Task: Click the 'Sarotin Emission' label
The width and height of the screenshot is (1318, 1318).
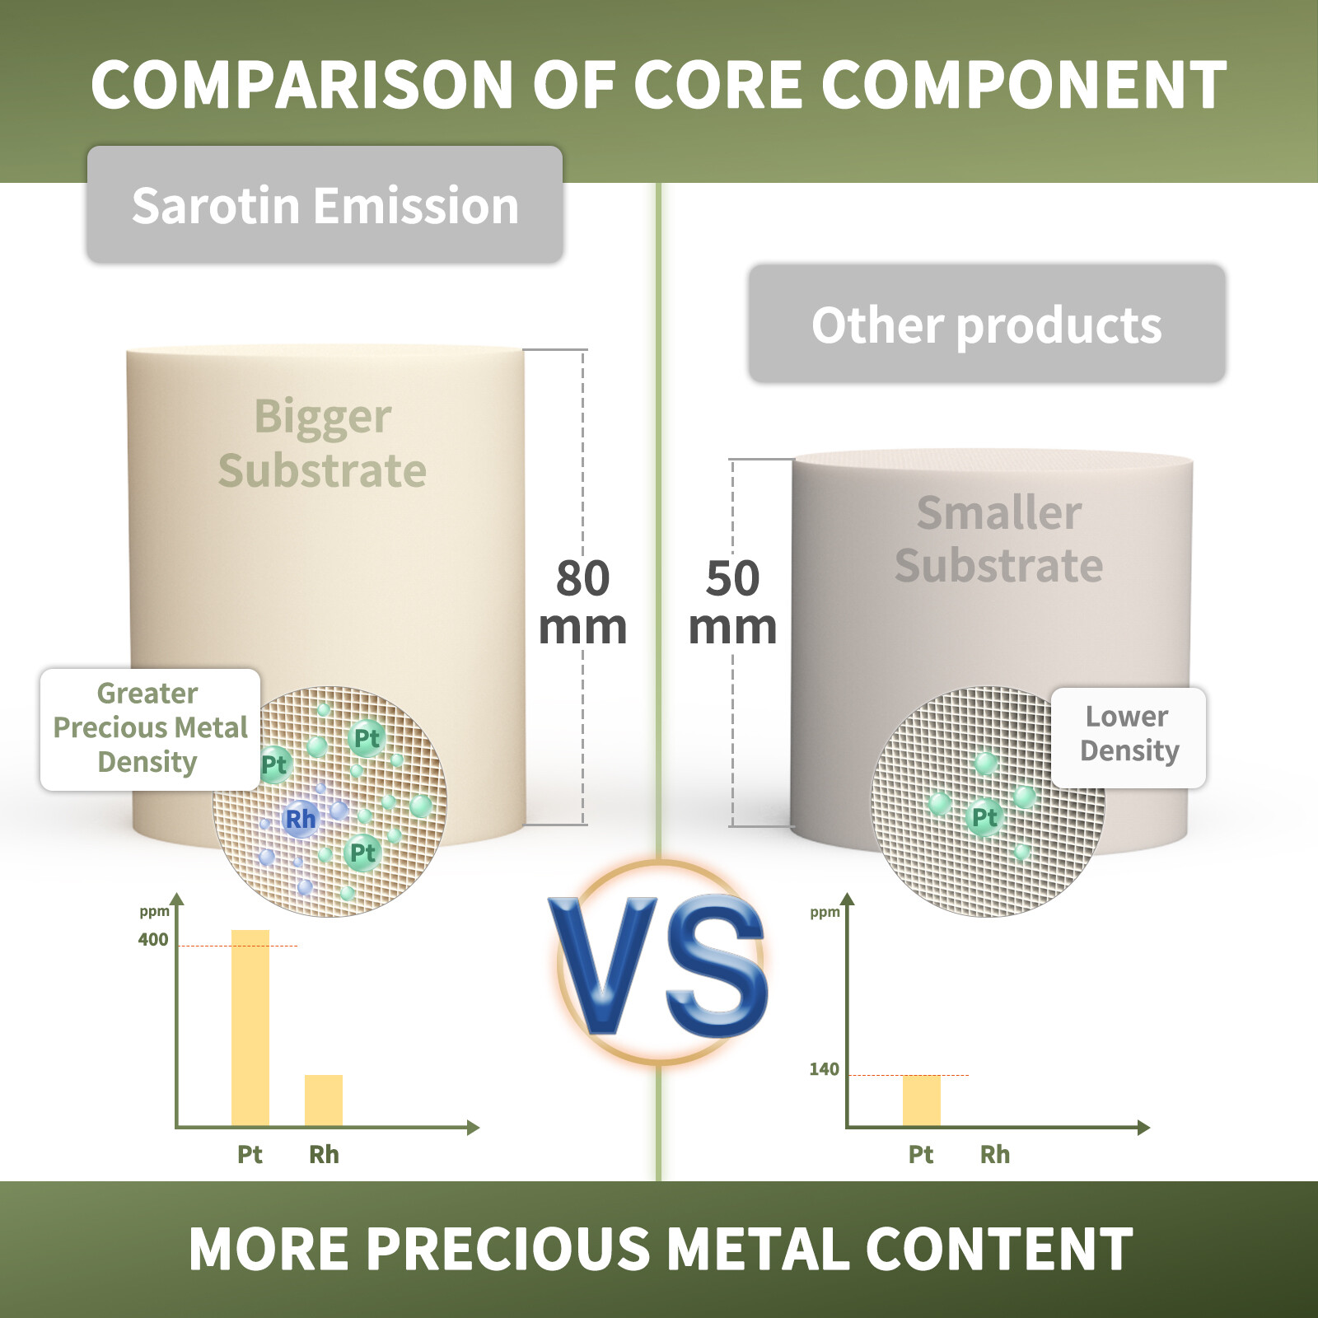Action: (x=325, y=205)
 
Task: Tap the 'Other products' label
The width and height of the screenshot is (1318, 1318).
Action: (x=987, y=324)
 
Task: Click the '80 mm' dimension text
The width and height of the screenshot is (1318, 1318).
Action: (x=582, y=602)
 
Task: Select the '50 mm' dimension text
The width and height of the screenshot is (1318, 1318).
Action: (x=732, y=602)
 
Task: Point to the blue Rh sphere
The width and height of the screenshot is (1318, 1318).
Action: (x=300, y=819)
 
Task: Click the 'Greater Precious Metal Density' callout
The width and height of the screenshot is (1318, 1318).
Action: (x=150, y=729)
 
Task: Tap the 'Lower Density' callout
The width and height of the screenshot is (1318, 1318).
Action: (x=1129, y=736)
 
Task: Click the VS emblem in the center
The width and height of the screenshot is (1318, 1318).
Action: (x=659, y=962)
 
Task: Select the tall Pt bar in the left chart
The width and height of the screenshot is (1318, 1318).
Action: (x=250, y=1028)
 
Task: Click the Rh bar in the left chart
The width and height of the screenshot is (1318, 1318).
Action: (x=324, y=1101)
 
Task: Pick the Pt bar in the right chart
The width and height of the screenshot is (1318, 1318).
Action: (x=922, y=1101)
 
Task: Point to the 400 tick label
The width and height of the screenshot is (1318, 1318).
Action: (x=153, y=939)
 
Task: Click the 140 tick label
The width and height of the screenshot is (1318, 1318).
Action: (x=824, y=1069)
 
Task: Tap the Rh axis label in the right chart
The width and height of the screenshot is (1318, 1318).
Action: (x=995, y=1155)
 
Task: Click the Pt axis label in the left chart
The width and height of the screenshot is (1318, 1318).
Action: (x=250, y=1155)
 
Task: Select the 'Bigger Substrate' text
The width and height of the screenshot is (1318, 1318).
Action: (x=323, y=443)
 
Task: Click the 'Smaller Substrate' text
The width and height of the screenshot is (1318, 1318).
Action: (x=999, y=539)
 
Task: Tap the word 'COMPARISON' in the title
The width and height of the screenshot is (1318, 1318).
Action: (x=302, y=85)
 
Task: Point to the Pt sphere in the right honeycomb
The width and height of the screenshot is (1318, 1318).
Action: (x=984, y=817)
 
